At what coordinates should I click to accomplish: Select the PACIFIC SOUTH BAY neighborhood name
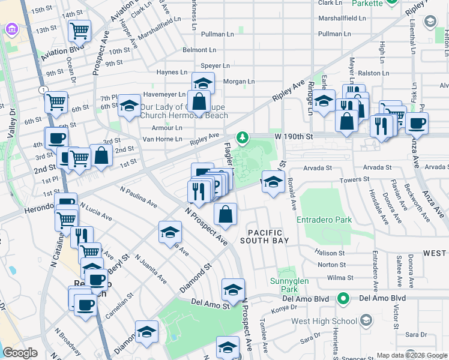[265, 236]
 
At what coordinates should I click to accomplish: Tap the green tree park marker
[242, 138]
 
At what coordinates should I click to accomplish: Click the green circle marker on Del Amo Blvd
[343, 298]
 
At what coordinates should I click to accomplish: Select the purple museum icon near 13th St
[11, 29]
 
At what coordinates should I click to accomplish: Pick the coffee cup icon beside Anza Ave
[417, 124]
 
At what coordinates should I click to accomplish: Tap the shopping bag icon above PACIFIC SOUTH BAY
[225, 214]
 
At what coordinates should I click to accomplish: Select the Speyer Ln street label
[215, 65]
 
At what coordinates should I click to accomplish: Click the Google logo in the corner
[20, 353]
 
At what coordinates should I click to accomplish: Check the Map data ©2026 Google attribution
[412, 355]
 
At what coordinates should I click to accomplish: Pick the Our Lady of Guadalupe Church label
[184, 111]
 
